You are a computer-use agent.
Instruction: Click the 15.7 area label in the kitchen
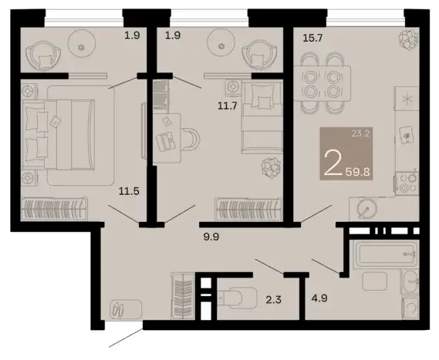coord(313,38)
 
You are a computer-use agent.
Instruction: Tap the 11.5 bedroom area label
coord(129,191)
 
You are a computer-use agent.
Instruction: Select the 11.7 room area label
coord(228,106)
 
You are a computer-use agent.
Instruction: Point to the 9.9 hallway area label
coord(211,237)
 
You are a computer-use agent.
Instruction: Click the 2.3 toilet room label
coord(273,300)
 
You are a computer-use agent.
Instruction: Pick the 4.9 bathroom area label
coord(319,298)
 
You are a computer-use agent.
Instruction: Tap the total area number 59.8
coord(357,172)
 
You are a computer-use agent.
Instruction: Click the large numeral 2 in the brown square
coord(333,164)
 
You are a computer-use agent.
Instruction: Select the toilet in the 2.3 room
coord(238,298)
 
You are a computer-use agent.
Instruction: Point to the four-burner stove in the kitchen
coord(407,183)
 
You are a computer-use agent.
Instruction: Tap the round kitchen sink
coord(367,209)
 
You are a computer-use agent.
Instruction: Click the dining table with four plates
coord(322,83)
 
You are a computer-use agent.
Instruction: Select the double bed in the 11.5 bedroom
coord(58,135)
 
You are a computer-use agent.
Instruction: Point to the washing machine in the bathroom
coord(410,308)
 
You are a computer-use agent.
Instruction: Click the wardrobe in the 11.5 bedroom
coord(54,209)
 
